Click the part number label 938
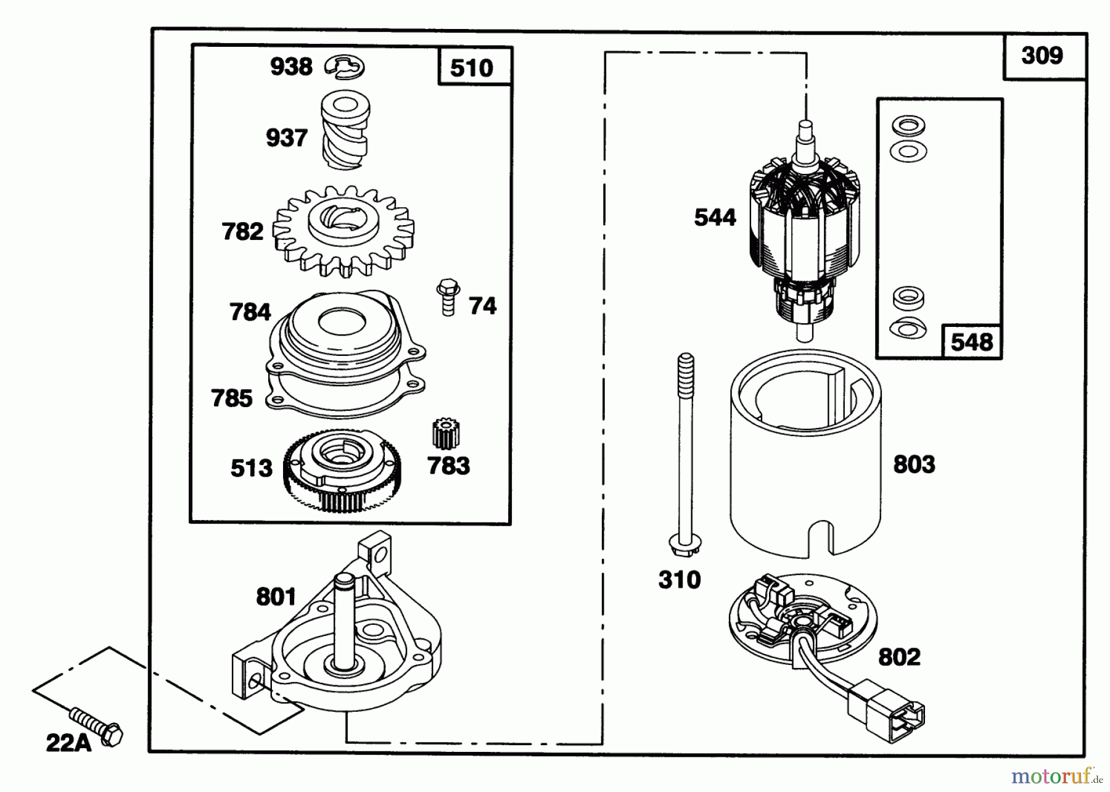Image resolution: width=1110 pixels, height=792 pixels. (291, 67)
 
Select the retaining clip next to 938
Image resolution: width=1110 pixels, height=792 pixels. (345, 67)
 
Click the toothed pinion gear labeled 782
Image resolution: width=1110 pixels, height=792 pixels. (343, 231)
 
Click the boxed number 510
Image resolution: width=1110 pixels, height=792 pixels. (472, 68)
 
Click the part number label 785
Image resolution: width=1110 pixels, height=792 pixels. (232, 398)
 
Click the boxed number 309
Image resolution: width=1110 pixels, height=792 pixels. (1042, 56)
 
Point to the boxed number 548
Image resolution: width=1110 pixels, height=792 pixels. (972, 342)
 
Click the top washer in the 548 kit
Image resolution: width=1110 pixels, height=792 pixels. (908, 125)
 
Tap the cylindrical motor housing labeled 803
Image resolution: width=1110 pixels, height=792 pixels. (805, 453)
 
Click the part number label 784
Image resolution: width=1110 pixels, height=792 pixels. (250, 311)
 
